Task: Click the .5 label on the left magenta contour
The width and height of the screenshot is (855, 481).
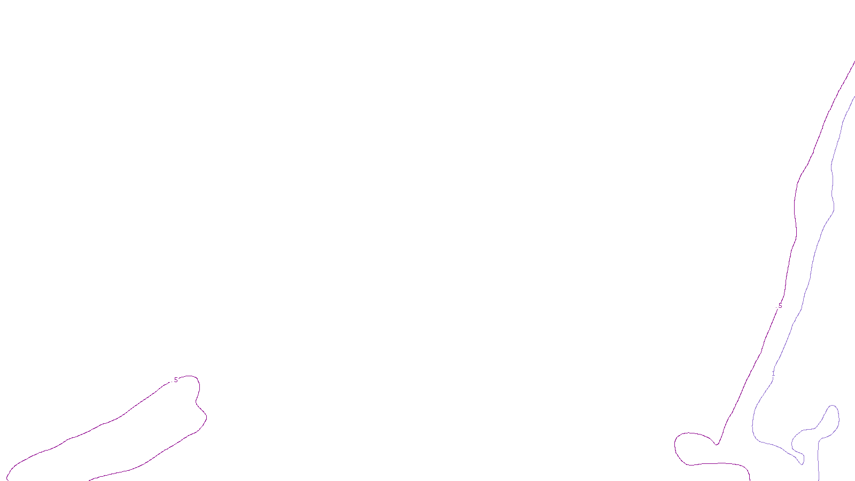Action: pos(175,380)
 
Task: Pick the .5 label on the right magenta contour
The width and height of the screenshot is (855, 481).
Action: pos(780,306)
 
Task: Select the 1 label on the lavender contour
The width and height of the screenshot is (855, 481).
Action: pos(773,373)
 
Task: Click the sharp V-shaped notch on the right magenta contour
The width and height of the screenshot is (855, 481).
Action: pos(717,444)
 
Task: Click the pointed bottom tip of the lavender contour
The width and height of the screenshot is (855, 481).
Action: pos(802,464)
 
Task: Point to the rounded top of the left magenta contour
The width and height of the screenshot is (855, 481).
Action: pos(191,376)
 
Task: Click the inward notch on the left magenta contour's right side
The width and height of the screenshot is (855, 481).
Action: pos(196,400)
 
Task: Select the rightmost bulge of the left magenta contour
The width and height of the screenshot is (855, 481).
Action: pos(207,417)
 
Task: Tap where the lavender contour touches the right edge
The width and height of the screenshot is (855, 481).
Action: pos(854,97)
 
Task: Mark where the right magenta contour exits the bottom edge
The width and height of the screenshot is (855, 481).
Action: pos(750,479)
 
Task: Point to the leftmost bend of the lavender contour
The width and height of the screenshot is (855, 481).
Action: pos(752,422)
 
